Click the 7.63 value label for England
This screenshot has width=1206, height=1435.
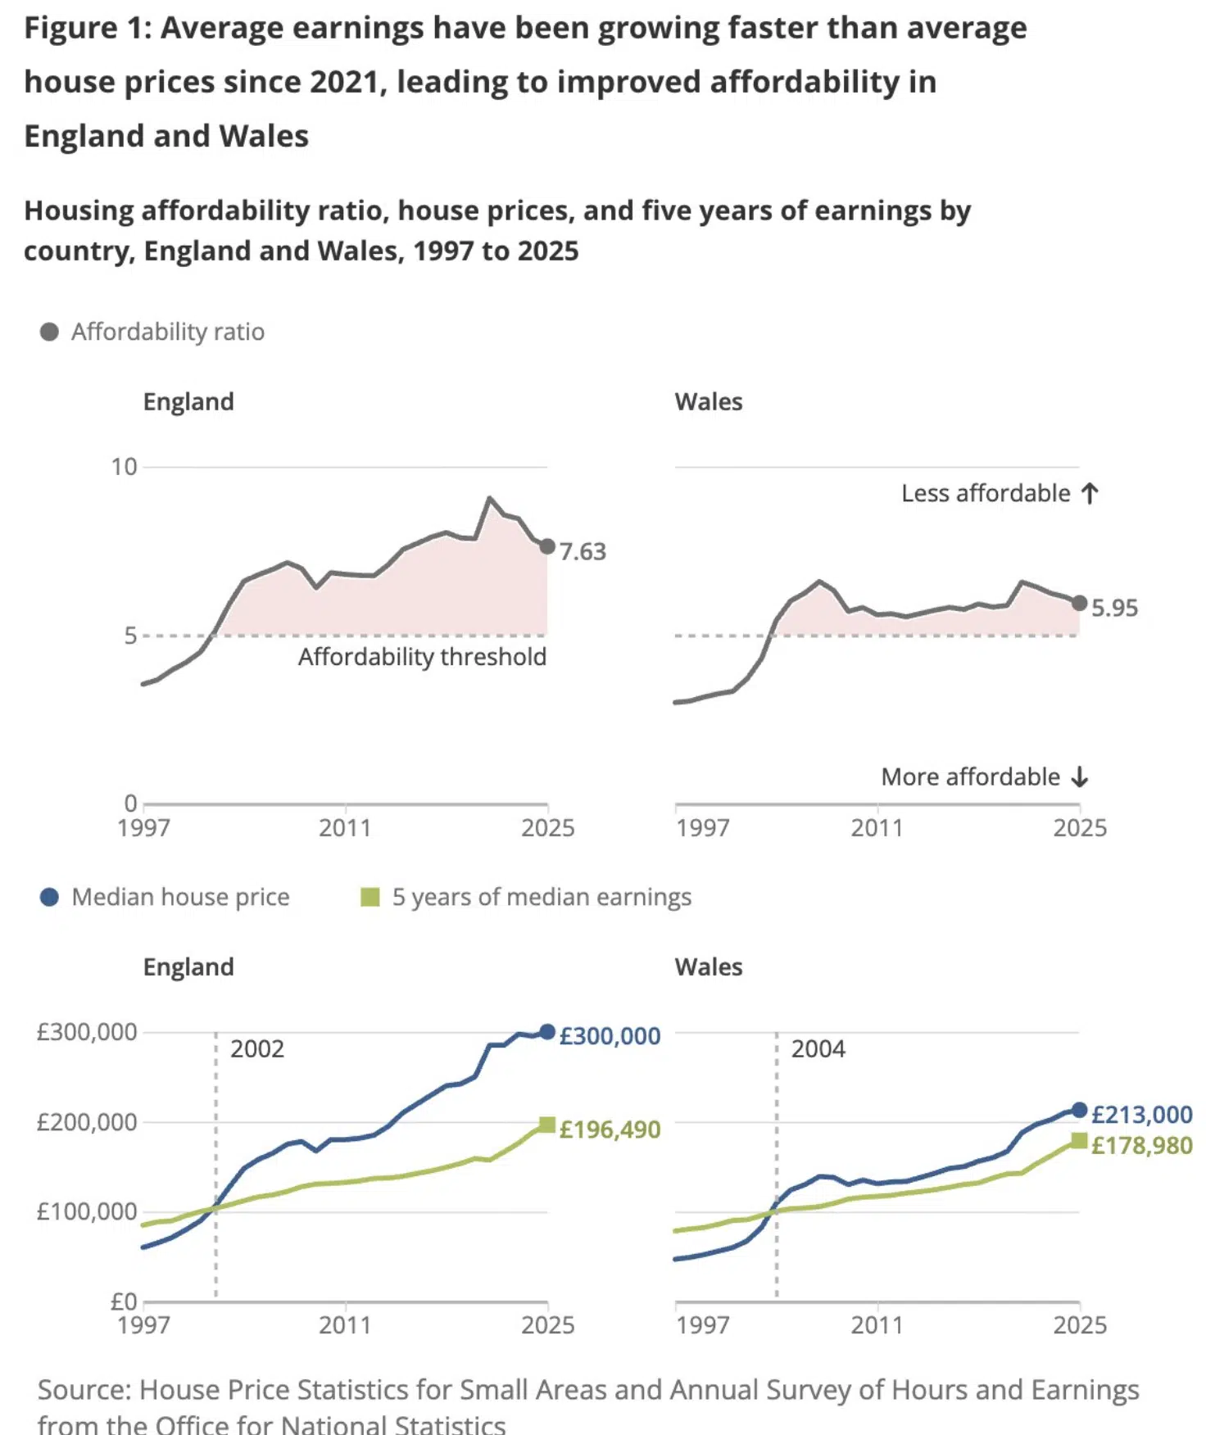pyautogui.click(x=583, y=551)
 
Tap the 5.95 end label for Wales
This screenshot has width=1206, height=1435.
pyautogui.click(x=1114, y=608)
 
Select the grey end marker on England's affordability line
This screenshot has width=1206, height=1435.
pyautogui.click(x=547, y=546)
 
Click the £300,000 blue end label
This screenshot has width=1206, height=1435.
pyautogui.click(x=610, y=1036)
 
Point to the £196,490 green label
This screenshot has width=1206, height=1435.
pyautogui.click(x=610, y=1129)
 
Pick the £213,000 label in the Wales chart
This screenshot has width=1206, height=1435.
pyautogui.click(x=1142, y=1115)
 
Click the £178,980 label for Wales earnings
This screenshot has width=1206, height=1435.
pyautogui.click(x=1142, y=1145)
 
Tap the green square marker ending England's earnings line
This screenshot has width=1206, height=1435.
pyautogui.click(x=547, y=1125)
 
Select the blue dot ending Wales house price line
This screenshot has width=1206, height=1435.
pyautogui.click(x=1079, y=1111)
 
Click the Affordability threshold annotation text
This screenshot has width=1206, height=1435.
pyautogui.click(x=422, y=657)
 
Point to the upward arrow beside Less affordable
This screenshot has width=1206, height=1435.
pyautogui.click(x=1090, y=493)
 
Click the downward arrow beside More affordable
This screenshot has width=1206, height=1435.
pyautogui.click(x=1081, y=776)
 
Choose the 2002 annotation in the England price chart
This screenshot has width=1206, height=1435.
pyautogui.click(x=257, y=1049)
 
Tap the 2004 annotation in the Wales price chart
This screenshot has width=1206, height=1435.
pyautogui.click(x=818, y=1049)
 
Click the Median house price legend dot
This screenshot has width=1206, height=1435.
pyautogui.click(x=49, y=897)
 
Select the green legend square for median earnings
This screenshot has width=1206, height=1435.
pyautogui.click(x=370, y=897)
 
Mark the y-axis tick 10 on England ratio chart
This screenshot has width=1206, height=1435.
pyautogui.click(x=125, y=467)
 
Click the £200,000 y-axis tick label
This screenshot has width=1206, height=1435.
pyautogui.click(x=87, y=1122)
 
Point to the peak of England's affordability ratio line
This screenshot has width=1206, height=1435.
pyautogui.click(x=490, y=497)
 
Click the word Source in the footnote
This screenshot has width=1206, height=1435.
pyautogui.click(x=84, y=1390)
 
